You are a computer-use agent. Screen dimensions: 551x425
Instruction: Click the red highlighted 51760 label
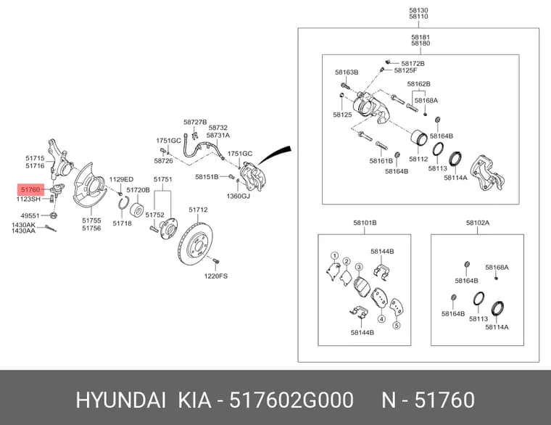coord(30,190)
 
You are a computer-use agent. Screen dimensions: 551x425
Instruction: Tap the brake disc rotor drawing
coord(195,244)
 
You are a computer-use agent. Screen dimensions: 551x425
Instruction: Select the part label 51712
coord(198,210)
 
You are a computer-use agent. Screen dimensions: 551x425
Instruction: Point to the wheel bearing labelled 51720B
coord(137,209)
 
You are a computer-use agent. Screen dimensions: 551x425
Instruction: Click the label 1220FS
coord(216,276)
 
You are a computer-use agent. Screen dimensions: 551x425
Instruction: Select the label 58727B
coord(195,122)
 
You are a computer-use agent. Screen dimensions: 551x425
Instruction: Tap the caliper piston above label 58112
coord(419,139)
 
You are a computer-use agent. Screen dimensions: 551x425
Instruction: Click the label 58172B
coord(413,64)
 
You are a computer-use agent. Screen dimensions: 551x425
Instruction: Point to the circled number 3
coord(359,267)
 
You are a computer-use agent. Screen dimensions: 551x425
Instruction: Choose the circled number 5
coord(397,325)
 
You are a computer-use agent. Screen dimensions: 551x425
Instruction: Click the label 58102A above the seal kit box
coord(478,223)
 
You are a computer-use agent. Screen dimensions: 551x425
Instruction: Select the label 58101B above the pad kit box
coord(365,223)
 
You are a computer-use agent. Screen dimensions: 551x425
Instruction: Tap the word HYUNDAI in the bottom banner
coord(120,400)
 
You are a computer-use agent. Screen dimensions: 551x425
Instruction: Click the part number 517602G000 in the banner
coord(291,400)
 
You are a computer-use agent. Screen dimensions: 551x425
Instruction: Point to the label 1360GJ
coord(239,196)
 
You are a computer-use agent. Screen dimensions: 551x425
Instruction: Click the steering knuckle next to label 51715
coord(59,160)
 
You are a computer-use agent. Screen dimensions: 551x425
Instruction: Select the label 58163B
coord(347,72)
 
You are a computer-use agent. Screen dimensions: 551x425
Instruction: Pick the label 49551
coord(30,215)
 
